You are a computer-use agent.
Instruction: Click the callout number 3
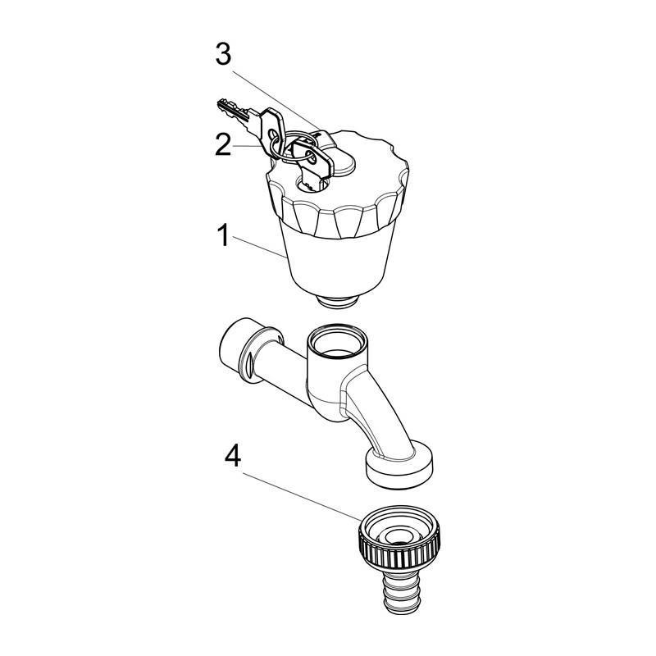pos(223,55)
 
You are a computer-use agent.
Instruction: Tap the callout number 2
pos(223,145)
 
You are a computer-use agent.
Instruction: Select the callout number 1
pos(223,235)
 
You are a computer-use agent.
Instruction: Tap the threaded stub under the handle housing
pos(338,302)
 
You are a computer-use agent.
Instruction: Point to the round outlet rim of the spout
pos(399,465)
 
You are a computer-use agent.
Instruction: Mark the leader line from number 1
pos(259,248)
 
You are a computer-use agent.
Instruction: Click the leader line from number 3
pos(276,100)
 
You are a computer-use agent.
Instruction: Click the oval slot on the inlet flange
pos(249,365)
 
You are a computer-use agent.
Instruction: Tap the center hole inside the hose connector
pos(400,544)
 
